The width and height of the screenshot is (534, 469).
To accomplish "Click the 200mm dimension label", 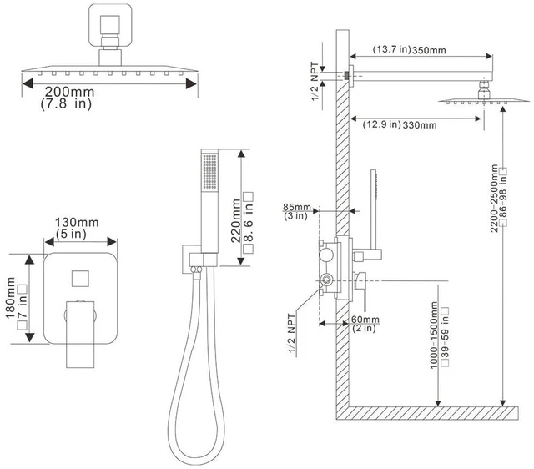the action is [69, 92].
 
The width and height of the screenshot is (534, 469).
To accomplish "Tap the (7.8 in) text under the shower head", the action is [66, 103].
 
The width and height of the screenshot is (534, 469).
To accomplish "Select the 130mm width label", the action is [77, 223].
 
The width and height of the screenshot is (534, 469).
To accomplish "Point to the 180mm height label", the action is [11, 298].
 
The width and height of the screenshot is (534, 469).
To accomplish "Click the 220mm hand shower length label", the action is [235, 220].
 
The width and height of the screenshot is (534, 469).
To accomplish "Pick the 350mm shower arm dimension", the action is [429, 50].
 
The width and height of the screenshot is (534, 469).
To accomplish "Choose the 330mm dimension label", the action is [420, 125].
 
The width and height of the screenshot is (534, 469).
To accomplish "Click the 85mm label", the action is [297, 207].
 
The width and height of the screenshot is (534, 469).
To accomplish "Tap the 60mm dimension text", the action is [365, 320].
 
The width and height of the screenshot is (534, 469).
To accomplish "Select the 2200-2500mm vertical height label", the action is [494, 199].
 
